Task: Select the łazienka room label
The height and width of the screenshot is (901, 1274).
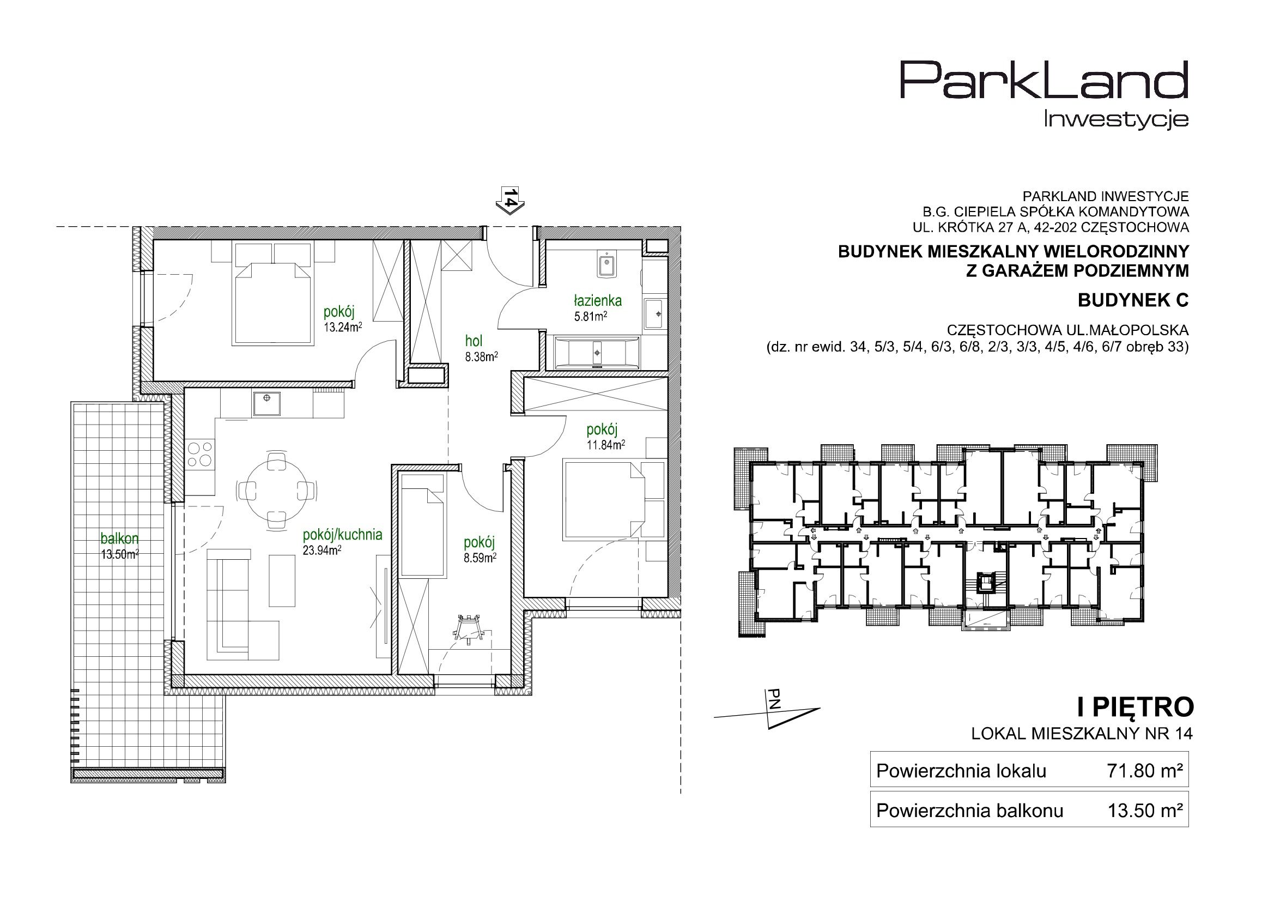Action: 598,301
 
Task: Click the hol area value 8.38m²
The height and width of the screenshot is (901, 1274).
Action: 481,358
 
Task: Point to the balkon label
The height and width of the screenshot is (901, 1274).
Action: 119,539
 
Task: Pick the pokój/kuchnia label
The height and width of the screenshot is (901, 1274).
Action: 342,535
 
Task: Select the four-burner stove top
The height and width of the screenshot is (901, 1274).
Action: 201,454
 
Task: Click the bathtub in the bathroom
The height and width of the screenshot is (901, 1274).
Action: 597,352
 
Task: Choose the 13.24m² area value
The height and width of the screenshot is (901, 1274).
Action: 343,327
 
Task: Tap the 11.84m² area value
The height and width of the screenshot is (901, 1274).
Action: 606,445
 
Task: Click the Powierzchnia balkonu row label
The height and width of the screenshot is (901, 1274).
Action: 970,811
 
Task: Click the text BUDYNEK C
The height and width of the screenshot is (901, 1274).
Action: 1133,300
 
